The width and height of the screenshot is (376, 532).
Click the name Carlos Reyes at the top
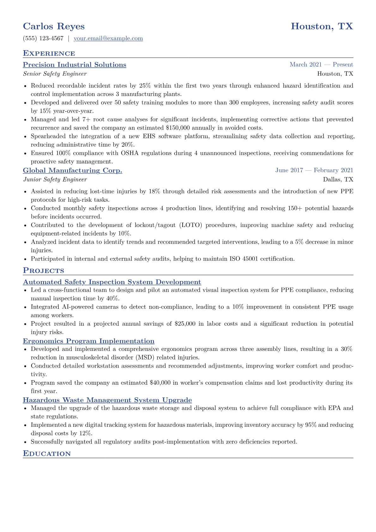point(54,26)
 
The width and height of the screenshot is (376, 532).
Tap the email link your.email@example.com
point(108,39)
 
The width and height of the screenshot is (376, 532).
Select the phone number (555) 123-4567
point(43,39)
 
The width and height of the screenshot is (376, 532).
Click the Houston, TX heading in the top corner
point(322,26)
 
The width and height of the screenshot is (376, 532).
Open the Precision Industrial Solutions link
point(75,65)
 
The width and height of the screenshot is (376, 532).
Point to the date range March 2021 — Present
point(321,64)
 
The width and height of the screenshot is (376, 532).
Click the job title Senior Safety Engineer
point(55,74)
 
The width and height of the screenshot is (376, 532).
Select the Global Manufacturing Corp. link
point(72,170)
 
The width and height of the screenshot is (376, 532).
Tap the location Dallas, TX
point(338,180)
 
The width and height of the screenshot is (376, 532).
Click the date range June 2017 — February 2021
point(314,170)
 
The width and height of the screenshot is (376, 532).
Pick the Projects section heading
point(44,271)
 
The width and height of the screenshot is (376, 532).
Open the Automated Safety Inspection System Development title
point(112,282)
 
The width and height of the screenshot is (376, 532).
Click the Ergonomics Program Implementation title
point(88,341)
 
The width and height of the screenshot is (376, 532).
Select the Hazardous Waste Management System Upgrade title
point(107,400)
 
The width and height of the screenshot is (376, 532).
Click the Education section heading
point(47,454)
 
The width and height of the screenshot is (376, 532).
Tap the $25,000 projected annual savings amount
point(185,324)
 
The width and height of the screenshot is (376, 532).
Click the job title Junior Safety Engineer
point(55,180)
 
